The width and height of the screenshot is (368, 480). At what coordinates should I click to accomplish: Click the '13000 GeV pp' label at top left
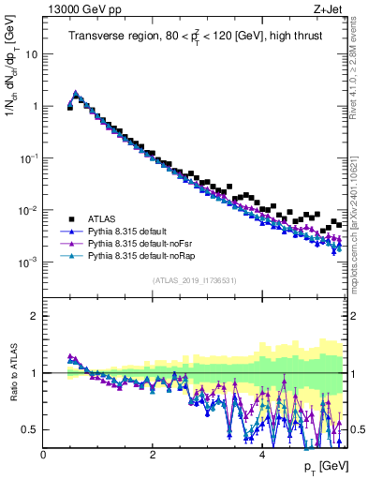tap(76, 10)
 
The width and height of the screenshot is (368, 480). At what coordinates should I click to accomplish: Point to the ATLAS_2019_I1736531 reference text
tap(195, 280)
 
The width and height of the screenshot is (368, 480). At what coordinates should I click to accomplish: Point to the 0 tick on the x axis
tap(44, 454)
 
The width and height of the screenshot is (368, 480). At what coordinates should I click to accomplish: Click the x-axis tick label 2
tap(153, 454)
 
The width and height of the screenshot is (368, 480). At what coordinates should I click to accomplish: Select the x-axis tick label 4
tap(261, 454)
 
